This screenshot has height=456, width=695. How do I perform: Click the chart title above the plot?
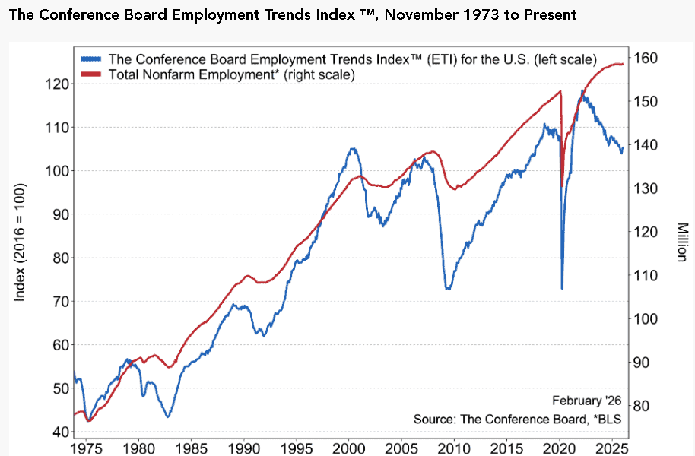(293, 15)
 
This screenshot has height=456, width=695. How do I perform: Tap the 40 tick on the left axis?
(57, 432)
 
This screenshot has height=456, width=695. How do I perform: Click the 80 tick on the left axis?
(57, 258)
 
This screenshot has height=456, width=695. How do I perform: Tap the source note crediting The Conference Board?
(517, 420)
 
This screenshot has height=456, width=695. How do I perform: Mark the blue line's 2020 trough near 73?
(562, 288)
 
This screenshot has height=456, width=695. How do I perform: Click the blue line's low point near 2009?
(448, 289)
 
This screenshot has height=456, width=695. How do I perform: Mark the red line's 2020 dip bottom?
(562, 185)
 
